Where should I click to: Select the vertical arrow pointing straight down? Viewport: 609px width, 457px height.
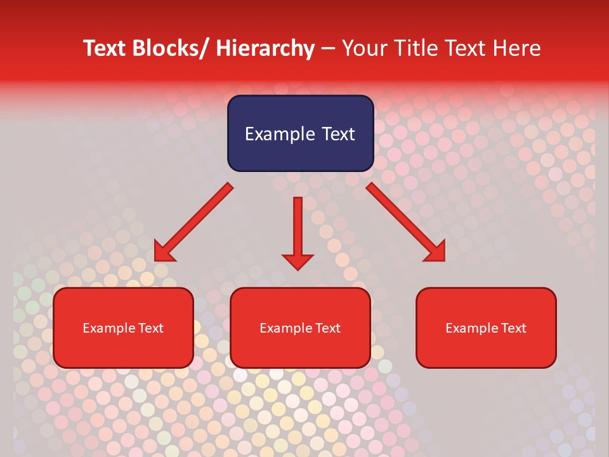point(298,228)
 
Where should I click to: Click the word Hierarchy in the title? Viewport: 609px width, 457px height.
point(265,48)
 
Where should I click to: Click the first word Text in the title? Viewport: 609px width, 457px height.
point(105,48)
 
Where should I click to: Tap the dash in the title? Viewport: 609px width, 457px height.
point(328,49)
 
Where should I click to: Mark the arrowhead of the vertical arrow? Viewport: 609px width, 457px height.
point(298,261)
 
